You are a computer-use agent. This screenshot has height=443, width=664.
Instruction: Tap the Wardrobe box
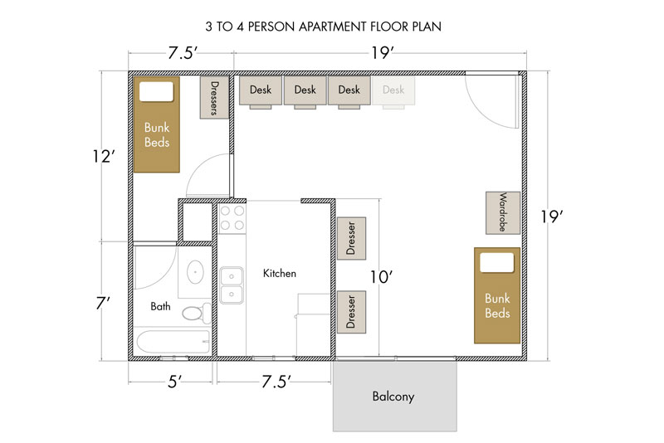(x=503, y=212)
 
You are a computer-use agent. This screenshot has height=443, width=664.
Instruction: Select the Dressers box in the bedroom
(x=214, y=98)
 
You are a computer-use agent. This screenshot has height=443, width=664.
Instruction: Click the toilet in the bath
(x=197, y=313)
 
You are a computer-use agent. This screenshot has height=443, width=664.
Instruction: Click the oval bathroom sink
(x=195, y=271)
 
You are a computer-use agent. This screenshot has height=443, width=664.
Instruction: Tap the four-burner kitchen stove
(x=232, y=218)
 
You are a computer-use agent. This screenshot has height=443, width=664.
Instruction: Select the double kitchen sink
(x=232, y=285)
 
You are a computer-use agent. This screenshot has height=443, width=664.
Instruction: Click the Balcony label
(x=393, y=397)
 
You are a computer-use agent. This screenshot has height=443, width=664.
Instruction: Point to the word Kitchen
(x=280, y=273)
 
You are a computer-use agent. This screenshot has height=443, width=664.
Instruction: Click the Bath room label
(x=160, y=306)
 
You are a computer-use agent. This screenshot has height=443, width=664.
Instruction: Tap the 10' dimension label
(x=381, y=277)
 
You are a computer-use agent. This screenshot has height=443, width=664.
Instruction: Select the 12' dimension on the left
(x=104, y=157)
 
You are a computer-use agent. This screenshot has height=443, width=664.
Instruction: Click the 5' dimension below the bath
(x=174, y=382)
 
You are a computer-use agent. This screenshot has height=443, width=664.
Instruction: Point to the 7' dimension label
(x=103, y=304)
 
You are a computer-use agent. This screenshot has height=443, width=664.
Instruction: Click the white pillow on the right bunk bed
(x=496, y=262)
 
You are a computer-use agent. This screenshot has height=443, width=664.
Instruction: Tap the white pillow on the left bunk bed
(x=156, y=91)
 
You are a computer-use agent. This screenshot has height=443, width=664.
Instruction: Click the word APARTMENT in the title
(x=333, y=27)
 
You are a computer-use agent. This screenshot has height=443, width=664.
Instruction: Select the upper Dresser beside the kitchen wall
(x=351, y=238)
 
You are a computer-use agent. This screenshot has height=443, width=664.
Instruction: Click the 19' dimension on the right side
(x=551, y=217)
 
